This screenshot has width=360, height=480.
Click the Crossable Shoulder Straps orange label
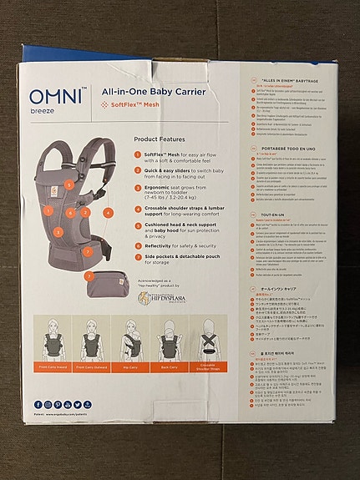pos(208,367)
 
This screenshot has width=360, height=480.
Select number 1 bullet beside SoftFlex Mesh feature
pos(139,156)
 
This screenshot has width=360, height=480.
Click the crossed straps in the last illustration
pos(208,343)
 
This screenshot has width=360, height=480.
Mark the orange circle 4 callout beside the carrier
pos(109,213)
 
